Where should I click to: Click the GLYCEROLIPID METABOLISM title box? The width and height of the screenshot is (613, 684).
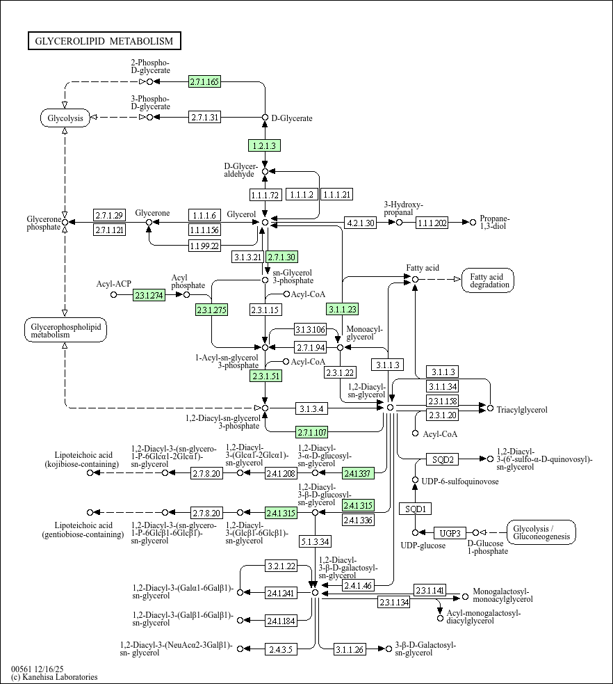point(104,41)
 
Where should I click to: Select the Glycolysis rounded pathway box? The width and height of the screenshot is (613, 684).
point(65,118)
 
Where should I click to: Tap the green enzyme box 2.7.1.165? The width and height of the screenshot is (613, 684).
point(204,82)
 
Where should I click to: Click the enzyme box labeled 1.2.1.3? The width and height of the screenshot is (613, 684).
point(264,145)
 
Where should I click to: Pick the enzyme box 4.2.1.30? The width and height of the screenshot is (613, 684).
point(360,223)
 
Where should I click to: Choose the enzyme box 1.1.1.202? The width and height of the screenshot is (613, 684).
point(432,223)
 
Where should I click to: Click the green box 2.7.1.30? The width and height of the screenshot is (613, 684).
point(281,257)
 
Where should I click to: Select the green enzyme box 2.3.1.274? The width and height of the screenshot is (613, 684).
point(148,295)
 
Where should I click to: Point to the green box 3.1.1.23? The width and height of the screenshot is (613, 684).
point(342,309)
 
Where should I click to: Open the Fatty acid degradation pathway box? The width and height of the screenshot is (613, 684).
point(491,280)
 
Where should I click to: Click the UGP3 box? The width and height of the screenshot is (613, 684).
point(450,533)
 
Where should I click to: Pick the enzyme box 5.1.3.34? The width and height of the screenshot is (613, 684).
point(315,541)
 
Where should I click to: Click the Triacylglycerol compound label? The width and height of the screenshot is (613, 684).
point(522,410)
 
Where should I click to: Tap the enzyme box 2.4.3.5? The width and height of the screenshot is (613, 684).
point(281,649)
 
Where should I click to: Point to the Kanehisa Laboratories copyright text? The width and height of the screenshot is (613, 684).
point(54,677)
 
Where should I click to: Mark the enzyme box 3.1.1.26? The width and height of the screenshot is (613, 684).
point(349,649)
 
